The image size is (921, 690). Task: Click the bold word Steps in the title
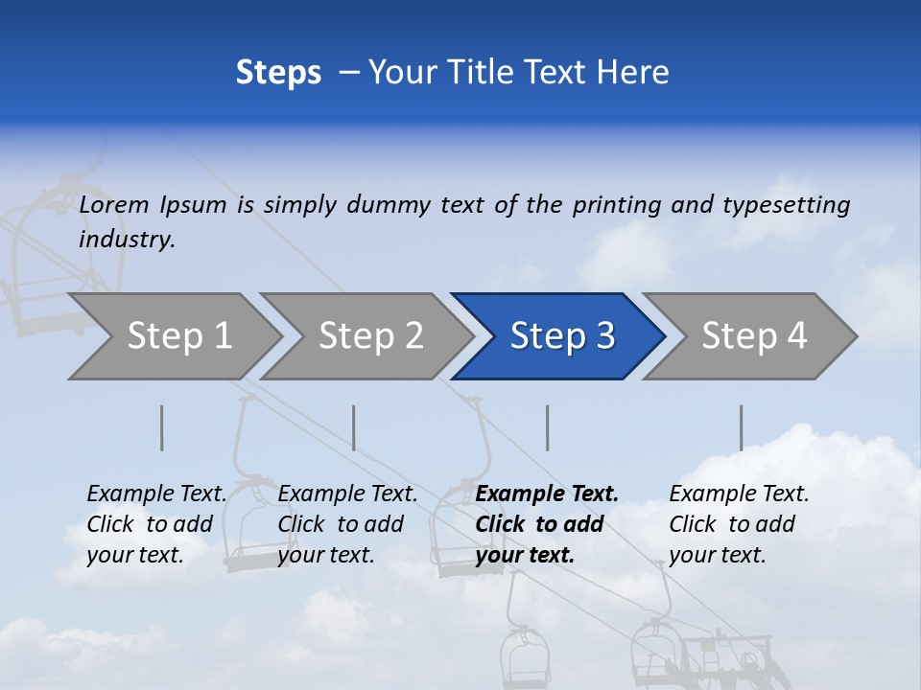coord(278,73)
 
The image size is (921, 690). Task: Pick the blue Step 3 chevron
coord(562,336)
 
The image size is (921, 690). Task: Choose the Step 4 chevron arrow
coord(754,336)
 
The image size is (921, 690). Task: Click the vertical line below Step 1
coord(162,428)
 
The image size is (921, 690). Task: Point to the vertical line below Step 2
coord(354,428)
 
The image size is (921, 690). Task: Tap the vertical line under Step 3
coord(548,428)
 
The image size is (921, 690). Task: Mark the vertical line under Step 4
coord(742,428)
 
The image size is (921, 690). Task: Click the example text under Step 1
coord(156,524)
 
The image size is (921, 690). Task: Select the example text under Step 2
coord(347,524)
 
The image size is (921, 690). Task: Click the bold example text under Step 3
coord(547,524)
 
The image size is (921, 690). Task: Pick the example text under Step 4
coord(739,524)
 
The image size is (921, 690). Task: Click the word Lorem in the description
coord(114,205)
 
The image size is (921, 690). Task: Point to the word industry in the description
coord(127,240)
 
